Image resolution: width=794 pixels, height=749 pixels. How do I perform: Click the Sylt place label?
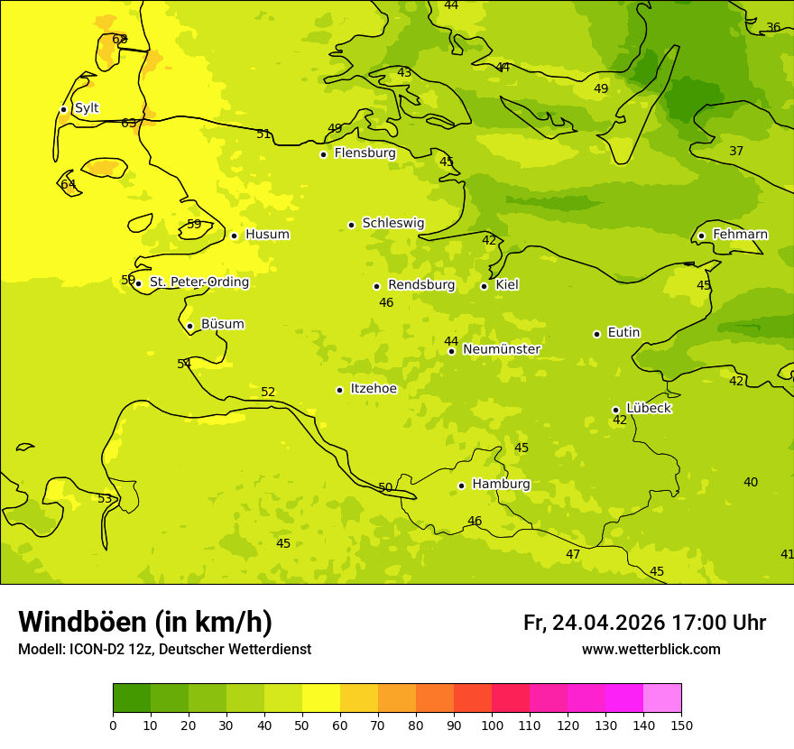(87, 108)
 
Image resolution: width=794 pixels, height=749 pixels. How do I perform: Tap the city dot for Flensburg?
(323, 154)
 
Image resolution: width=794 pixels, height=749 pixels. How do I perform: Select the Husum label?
(267, 235)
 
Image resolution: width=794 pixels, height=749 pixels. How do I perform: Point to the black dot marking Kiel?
(484, 286)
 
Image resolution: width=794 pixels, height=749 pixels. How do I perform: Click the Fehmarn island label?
(740, 235)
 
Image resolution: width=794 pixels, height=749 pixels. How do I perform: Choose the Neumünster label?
(502, 349)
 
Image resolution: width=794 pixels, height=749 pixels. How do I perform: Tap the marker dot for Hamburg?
(461, 485)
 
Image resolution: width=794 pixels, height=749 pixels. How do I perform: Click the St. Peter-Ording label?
(198, 282)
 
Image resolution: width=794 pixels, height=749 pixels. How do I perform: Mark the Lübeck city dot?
(615, 410)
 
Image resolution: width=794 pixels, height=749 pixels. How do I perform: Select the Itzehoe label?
(373, 389)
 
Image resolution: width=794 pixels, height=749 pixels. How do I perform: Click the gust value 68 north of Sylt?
(119, 39)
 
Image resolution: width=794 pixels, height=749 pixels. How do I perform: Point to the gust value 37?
(736, 151)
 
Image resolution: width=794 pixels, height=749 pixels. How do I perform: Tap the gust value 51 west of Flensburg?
(263, 134)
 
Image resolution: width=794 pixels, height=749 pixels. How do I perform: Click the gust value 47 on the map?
(573, 554)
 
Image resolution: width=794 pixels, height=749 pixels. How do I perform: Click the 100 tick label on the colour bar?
(492, 725)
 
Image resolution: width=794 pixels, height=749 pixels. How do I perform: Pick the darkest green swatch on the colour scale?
(132, 698)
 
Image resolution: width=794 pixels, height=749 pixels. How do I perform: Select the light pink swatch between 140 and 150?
(662, 698)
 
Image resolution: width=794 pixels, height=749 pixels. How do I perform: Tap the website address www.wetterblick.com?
(651, 649)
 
